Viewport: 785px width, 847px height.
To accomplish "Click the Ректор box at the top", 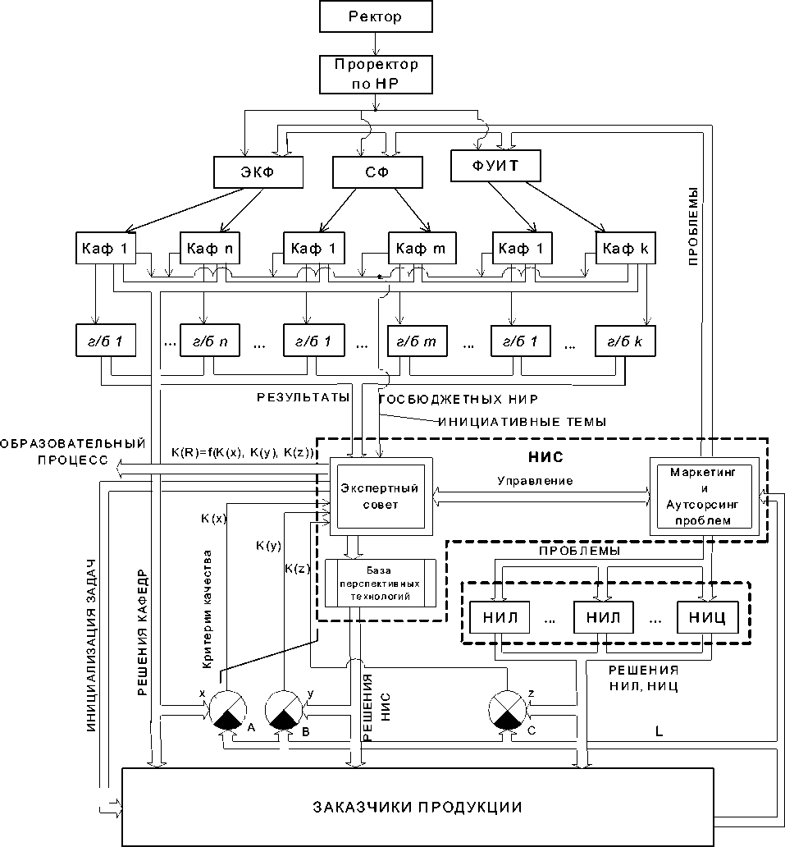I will click(x=376, y=16).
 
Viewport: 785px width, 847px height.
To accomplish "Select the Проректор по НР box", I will click(x=376, y=73).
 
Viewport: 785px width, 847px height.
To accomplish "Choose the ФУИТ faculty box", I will click(x=497, y=168).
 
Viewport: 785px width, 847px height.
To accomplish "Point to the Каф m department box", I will click(x=417, y=248).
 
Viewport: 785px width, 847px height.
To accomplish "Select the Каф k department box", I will click(x=624, y=248).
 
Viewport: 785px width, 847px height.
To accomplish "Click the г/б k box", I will click(x=624, y=341).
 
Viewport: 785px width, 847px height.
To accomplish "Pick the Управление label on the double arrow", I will click(x=536, y=479).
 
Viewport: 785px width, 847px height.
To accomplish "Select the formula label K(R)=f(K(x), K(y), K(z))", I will click(x=243, y=452).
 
